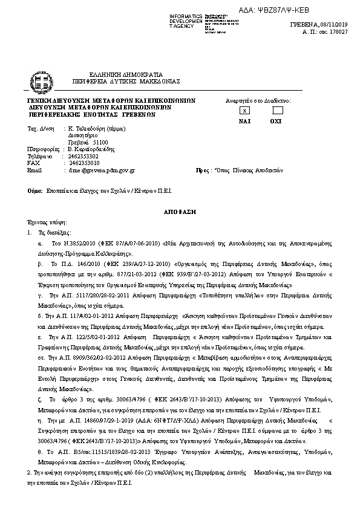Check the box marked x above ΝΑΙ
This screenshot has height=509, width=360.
coord(244,111)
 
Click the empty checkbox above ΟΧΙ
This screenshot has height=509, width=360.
coord(277,111)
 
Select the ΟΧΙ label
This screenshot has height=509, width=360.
coord(277,121)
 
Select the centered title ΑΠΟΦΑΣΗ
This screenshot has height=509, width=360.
coord(180,214)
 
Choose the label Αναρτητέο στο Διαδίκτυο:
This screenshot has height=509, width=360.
coord(258,100)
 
